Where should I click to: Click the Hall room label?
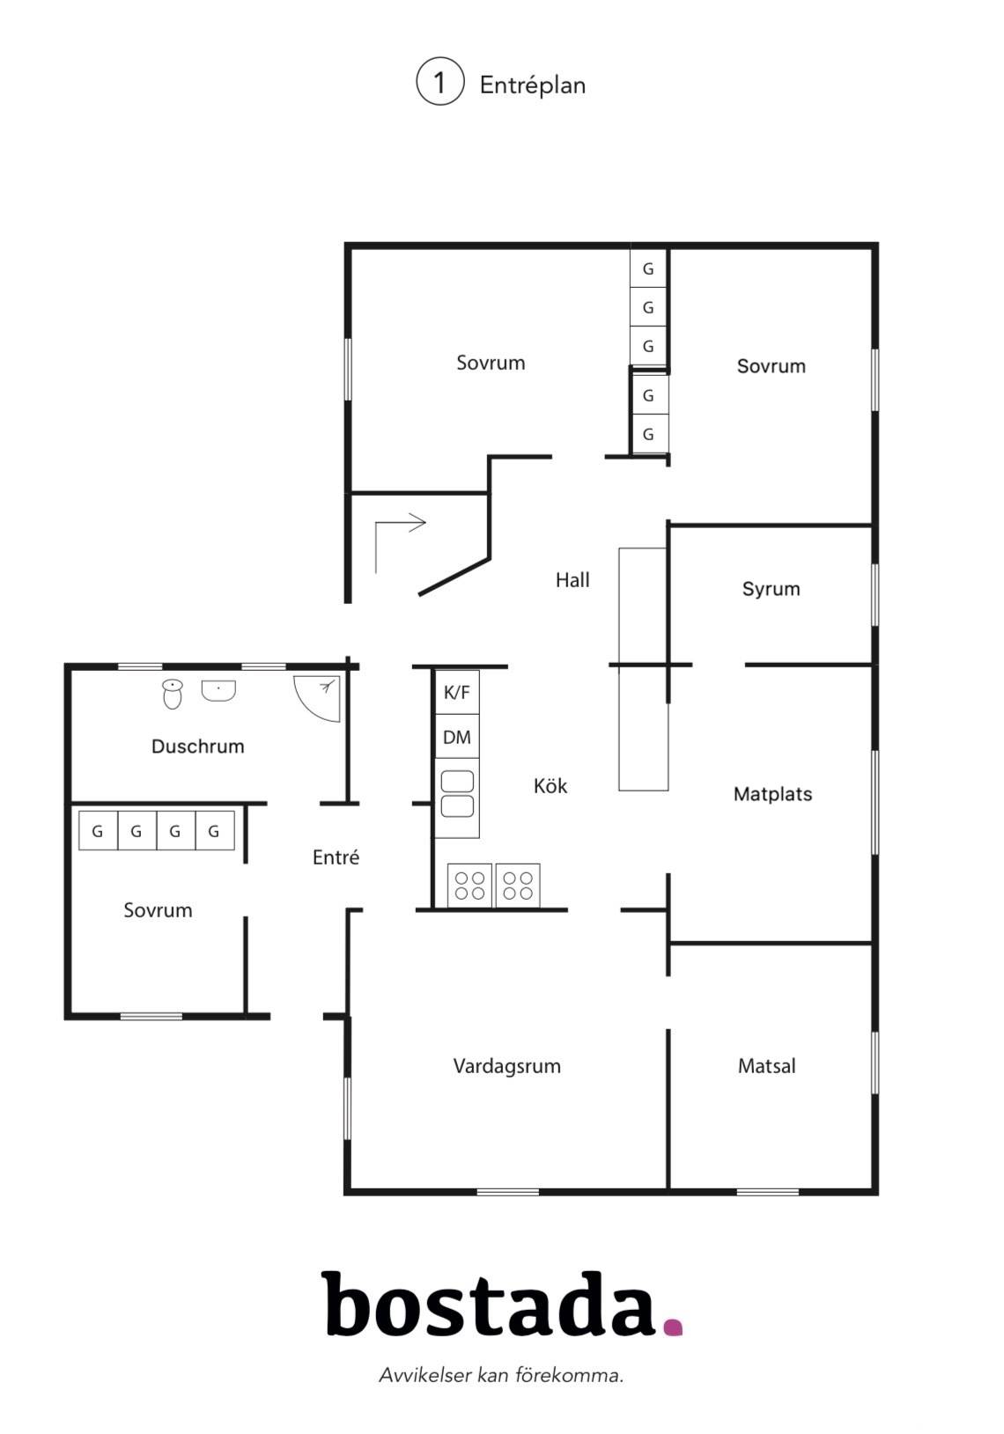[572, 580]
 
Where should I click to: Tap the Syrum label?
[771, 590]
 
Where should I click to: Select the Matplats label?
[773, 794]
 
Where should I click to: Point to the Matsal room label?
[766, 1066]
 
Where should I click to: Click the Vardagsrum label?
[507, 1067]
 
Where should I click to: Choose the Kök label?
[550, 785]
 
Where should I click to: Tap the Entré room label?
[336, 857]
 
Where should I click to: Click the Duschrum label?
[198, 746]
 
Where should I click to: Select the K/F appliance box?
[456, 691]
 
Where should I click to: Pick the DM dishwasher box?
[456, 736]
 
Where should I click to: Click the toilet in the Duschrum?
[173, 694]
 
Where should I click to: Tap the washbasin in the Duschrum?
[218, 691]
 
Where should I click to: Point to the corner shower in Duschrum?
[318, 698]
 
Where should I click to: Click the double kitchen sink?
[457, 794]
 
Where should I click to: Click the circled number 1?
[439, 82]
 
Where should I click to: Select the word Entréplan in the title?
[533, 85]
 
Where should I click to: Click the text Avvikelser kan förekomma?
[501, 1375]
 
